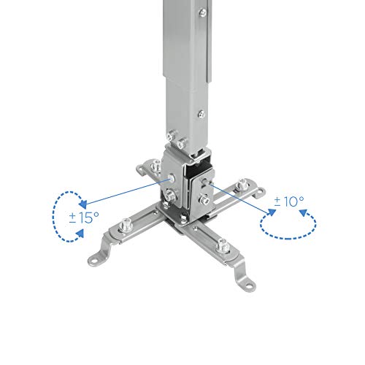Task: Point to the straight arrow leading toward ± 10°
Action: tap(242, 199)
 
